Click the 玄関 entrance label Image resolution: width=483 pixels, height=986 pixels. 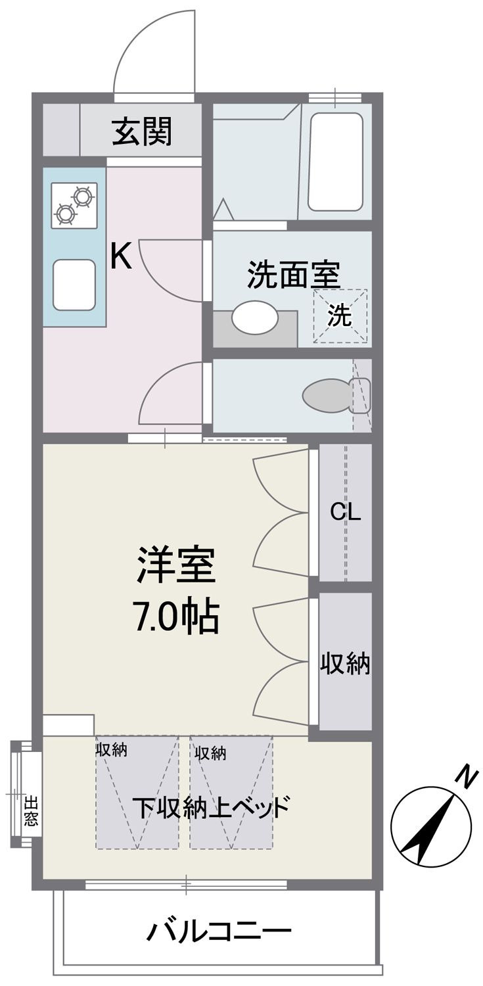pyautogui.click(x=142, y=131)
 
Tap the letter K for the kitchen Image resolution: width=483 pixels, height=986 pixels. pyautogui.click(x=120, y=256)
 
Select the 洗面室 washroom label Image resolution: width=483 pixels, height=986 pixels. pyautogui.click(x=293, y=275)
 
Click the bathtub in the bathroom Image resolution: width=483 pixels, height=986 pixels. pyautogui.click(x=335, y=162)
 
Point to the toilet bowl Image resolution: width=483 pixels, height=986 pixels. pyautogui.click(x=327, y=396)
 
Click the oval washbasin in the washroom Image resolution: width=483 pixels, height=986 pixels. pyautogui.click(x=255, y=317)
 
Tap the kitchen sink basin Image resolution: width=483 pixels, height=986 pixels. pyautogui.click(x=74, y=285)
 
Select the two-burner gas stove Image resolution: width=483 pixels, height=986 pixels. pyautogui.click(x=74, y=205)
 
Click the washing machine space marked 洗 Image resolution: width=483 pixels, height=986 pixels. pyautogui.click(x=340, y=316)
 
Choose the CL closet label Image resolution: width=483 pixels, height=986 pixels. pyautogui.click(x=346, y=513)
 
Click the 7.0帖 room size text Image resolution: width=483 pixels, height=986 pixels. pyautogui.click(x=177, y=617)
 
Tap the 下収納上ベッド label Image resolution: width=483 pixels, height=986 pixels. pyautogui.click(x=211, y=807)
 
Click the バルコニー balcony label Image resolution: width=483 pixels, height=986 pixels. pyautogui.click(x=219, y=931)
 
